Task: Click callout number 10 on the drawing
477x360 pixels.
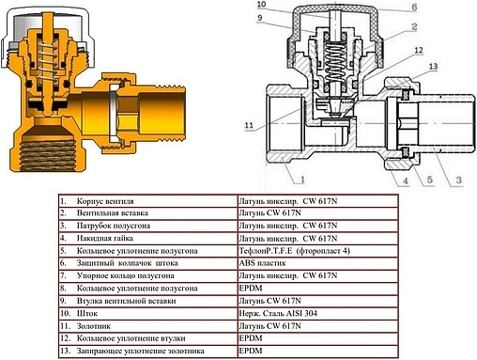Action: click(x=261, y=5)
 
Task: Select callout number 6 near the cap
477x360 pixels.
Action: click(x=414, y=7)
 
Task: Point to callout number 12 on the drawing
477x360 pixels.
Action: click(x=419, y=50)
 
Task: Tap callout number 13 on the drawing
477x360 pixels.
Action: click(x=433, y=67)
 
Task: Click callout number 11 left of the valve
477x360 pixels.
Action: click(x=249, y=125)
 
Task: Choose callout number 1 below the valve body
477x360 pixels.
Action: click(x=302, y=180)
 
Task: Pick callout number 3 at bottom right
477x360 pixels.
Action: click(x=459, y=180)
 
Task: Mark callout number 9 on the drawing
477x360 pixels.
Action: click(x=259, y=18)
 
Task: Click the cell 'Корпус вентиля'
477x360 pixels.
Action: click(x=105, y=201)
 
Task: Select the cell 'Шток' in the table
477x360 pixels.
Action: click(x=87, y=313)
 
